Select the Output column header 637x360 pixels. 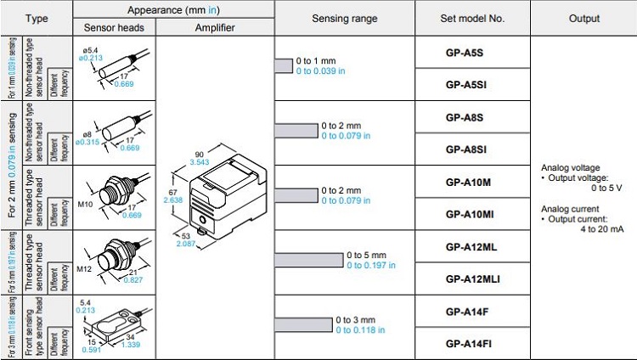(583, 18)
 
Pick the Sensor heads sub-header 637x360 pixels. (116, 27)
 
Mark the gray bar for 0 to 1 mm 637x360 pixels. (283, 65)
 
